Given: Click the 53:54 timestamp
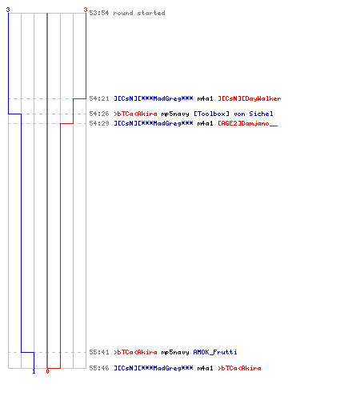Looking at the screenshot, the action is tap(99, 13).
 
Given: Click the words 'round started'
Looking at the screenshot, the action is tap(139, 13).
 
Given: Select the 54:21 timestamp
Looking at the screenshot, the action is tap(99, 98).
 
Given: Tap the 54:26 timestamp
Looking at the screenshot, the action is tap(99, 114).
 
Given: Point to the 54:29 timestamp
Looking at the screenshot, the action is tap(99, 123).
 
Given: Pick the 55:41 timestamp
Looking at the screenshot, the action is tap(99, 352).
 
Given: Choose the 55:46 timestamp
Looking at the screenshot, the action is tap(99, 368).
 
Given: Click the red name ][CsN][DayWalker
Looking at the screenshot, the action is tap(250, 98).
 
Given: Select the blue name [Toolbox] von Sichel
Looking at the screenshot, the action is tap(234, 114).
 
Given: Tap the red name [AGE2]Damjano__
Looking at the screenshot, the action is tap(248, 123).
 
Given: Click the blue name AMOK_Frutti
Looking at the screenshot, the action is tap(215, 352).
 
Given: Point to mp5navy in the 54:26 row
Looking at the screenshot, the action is tap(175, 114).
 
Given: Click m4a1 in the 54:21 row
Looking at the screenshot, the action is tap(205, 98).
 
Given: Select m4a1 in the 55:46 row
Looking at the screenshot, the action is tap(205, 368).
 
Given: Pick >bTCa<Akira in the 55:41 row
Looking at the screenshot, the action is tap(135, 352).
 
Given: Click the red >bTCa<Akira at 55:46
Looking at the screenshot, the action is tap(239, 368).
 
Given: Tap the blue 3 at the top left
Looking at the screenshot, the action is tap(8, 10).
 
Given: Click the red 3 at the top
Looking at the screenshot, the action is tap(86, 10).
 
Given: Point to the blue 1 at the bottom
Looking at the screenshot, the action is tap(34, 371).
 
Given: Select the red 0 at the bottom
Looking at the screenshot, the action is tap(47, 371).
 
